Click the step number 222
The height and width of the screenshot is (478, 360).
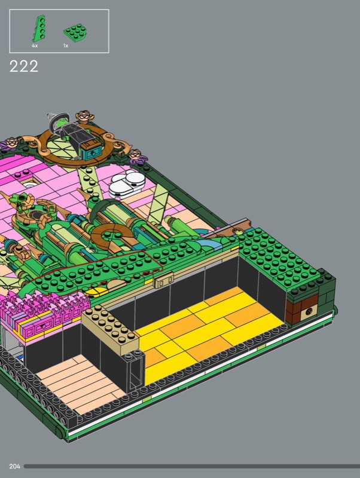(24, 66)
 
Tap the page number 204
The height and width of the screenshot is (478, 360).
(14, 466)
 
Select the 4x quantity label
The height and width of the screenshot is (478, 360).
(35, 46)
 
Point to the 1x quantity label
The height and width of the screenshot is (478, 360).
(66, 46)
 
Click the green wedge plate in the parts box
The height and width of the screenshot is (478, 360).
(39, 28)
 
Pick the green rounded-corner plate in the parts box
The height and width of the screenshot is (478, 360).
(75, 33)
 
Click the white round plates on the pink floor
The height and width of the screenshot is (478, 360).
(127, 184)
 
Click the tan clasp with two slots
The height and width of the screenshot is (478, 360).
(163, 280)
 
